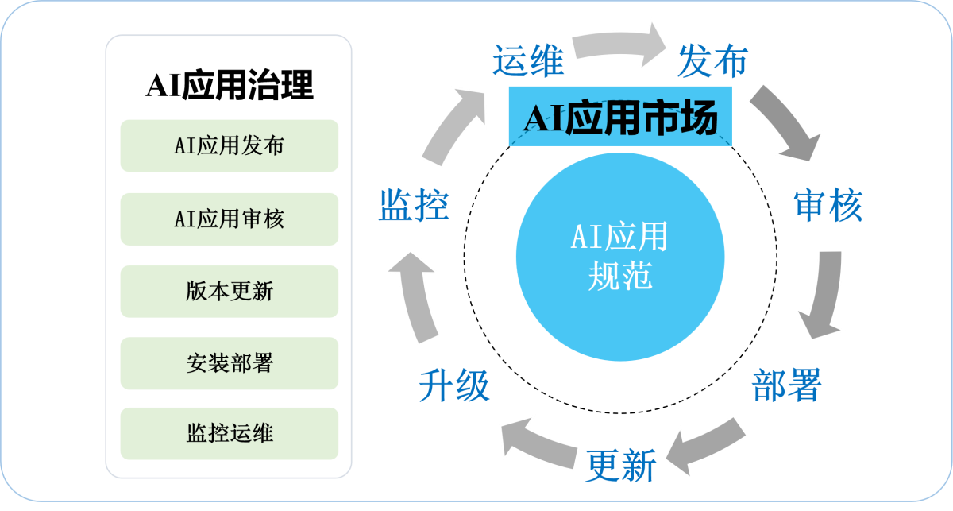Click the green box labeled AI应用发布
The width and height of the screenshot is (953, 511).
[x=230, y=145]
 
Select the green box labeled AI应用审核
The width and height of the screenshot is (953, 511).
[x=230, y=219]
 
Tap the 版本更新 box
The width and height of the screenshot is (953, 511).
[x=230, y=292]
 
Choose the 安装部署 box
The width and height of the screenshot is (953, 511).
[x=230, y=363]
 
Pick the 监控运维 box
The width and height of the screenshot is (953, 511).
[x=230, y=433]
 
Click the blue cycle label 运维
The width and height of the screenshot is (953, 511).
[x=528, y=61]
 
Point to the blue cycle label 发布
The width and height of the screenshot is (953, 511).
[x=712, y=61]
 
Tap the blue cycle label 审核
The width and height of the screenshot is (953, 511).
[x=828, y=205]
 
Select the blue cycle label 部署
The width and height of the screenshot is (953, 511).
[x=786, y=385]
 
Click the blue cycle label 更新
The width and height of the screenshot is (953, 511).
[x=621, y=465]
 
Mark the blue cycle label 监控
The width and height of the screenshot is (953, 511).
[x=413, y=205]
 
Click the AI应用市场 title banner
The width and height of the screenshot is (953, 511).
[x=620, y=120]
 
